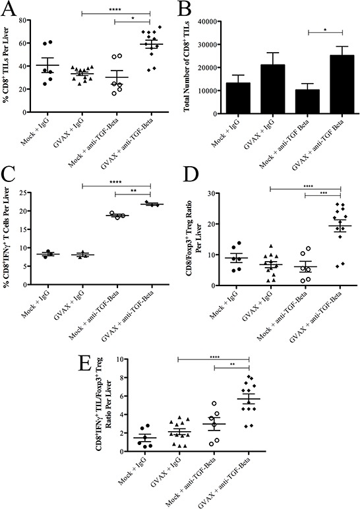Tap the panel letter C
[x=11, y=173]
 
